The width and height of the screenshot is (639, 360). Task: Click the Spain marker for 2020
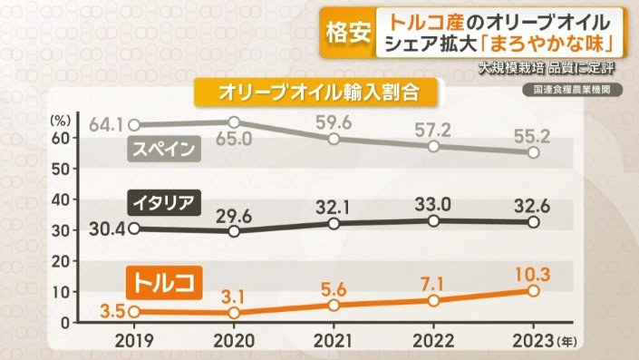234,122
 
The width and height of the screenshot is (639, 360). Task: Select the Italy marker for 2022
434,220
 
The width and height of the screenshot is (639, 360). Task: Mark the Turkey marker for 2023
534,290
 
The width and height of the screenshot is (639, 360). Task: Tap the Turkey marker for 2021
334,305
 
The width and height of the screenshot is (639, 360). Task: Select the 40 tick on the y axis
60,199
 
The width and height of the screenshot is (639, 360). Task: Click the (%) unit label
61,118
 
